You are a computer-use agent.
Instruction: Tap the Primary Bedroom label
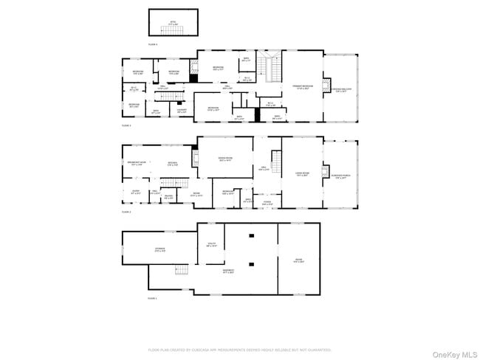[x=303, y=86]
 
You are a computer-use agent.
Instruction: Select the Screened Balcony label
[x=340, y=91]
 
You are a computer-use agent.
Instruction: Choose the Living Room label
[x=302, y=174]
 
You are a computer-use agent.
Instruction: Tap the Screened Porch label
[x=339, y=177]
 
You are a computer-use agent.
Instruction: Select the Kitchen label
[x=173, y=164]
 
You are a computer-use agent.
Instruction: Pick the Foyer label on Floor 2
[x=267, y=203]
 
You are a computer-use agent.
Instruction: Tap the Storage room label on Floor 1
[x=159, y=250]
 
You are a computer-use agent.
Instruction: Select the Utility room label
[x=211, y=245]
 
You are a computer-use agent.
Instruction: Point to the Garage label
[x=299, y=261]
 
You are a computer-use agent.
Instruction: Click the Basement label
[x=229, y=271]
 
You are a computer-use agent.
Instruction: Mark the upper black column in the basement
[x=251, y=235]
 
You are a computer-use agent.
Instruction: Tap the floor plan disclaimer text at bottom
[x=240, y=350]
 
